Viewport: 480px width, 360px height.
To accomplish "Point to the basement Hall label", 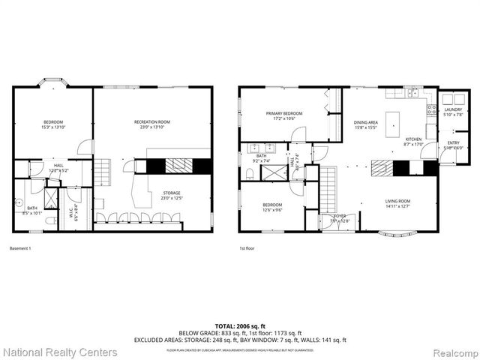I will tap(58, 168).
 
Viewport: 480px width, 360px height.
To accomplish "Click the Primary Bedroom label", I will tap(283, 115).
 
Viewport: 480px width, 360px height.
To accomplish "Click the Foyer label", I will tap(329, 218).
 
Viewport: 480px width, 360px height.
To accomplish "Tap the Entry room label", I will tap(454, 145).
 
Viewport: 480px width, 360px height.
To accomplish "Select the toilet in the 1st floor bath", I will tap(250, 173).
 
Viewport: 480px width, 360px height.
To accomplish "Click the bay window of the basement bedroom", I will tap(52, 82).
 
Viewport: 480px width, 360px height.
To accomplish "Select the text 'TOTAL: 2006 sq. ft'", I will tap(239, 325).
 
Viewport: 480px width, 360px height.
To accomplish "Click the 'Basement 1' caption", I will tap(19, 247).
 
